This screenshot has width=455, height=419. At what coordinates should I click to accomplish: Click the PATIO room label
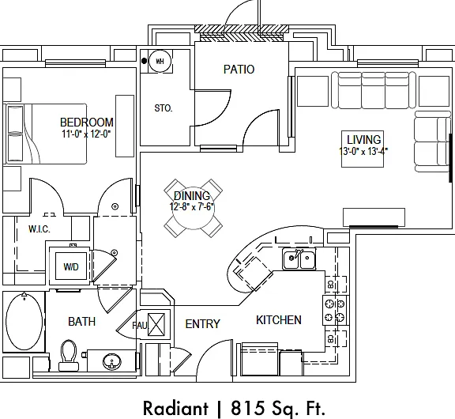(x=239, y=70)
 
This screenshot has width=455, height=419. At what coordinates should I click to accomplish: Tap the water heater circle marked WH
(x=160, y=61)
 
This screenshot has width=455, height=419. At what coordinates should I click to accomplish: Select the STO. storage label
(x=164, y=108)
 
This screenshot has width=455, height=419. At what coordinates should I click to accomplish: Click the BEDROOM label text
(x=86, y=123)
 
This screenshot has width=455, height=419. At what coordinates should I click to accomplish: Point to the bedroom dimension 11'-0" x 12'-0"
(x=86, y=134)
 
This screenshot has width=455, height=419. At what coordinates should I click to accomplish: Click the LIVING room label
(x=364, y=140)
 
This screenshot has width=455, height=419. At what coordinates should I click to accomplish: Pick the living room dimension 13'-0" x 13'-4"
(x=363, y=151)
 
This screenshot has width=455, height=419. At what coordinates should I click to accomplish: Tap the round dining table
(x=194, y=208)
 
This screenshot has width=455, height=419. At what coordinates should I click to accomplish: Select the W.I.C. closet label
(x=39, y=229)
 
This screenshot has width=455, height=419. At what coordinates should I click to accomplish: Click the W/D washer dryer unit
(x=71, y=266)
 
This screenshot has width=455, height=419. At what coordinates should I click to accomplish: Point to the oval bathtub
(x=24, y=322)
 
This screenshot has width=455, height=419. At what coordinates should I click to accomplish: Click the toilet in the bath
(x=69, y=355)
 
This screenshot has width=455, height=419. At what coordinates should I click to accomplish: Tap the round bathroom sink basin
(x=112, y=361)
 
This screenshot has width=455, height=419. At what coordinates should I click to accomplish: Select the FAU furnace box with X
(x=156, y=324)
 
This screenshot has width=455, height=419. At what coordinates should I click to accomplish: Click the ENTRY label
(x=202, y=324)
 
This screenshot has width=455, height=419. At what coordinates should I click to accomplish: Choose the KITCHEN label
(x=279, y=320)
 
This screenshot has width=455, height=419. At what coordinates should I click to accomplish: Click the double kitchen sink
(x=299, y=259)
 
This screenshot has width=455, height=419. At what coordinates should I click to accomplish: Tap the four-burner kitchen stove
(x=335, y=310)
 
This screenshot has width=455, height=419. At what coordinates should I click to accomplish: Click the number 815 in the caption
(x=247, y=408)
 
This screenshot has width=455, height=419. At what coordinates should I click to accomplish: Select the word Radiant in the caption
(x=175, y=408)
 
